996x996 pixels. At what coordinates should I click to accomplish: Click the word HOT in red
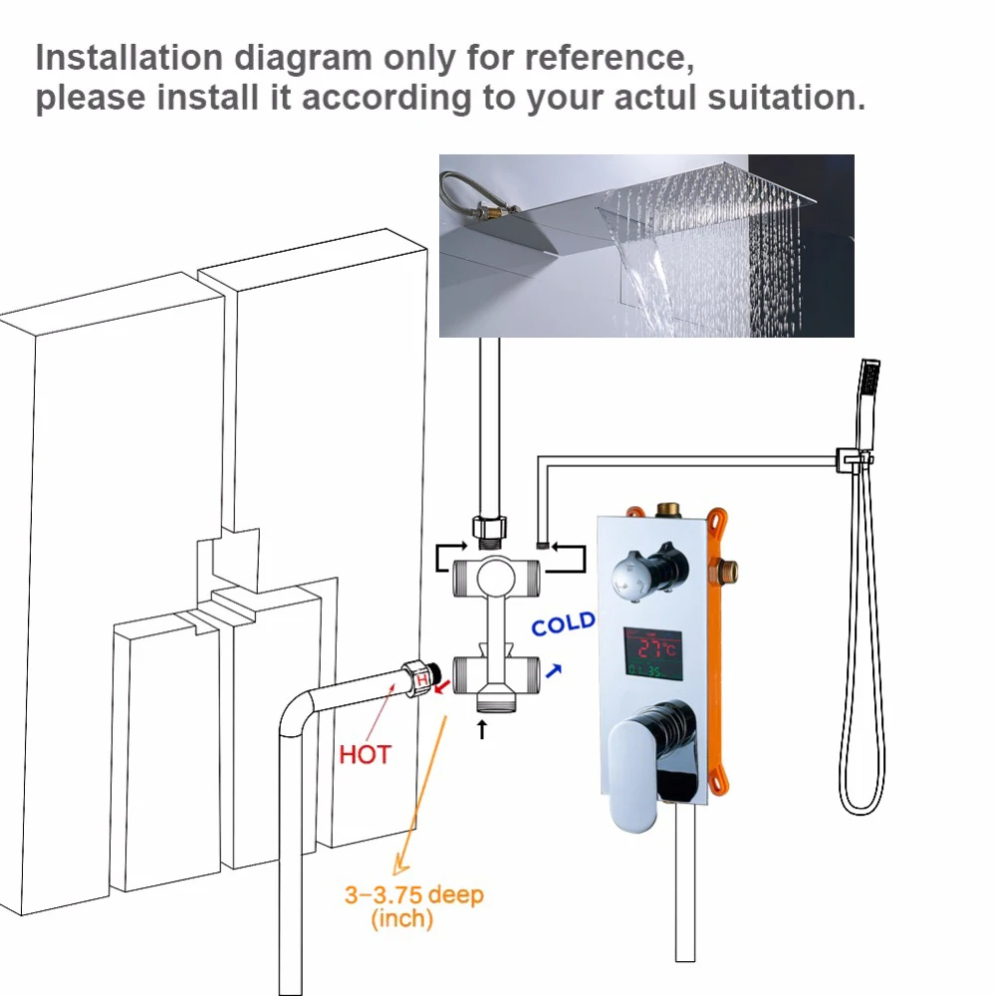[365, 755]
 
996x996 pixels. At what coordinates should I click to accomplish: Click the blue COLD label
[564, 623]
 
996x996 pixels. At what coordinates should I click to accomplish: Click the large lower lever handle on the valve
[648, 762]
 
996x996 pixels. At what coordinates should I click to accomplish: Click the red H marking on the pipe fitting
[421, 679]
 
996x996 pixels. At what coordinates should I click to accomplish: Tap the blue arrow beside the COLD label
[553, 671]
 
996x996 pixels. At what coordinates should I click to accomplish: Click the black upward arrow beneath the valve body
[481, 729]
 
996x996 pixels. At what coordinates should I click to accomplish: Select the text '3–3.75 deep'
[414, 895]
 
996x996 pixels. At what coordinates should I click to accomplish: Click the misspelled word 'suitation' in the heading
[787, 98]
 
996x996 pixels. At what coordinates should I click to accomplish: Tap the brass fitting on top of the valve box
[667, 509]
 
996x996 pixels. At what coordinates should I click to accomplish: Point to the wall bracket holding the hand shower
[854, 458]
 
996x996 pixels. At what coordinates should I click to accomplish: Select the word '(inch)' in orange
[402, 918]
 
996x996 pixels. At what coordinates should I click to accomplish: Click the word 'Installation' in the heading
[128, 58]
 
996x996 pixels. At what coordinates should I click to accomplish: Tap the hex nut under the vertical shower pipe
[488, 527]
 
